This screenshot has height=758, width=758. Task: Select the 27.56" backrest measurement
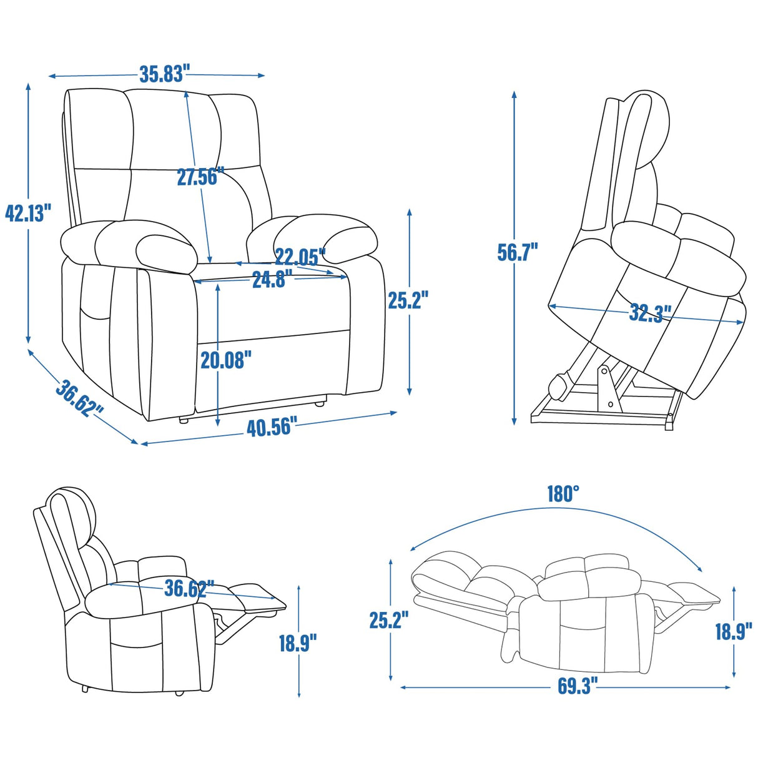[x=197, y=177]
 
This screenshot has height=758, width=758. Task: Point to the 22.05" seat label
[x=300, y=256]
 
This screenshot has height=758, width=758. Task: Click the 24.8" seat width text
[x=268, y=280]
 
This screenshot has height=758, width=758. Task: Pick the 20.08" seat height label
[x=226, y=360]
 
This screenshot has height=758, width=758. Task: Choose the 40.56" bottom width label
[x=268, y=428]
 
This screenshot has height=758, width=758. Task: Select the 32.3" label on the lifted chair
[x=650, y=312]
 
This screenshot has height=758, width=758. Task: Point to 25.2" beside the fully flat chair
[x=388, y=620]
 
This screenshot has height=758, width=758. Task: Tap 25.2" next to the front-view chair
[x=408, y=300]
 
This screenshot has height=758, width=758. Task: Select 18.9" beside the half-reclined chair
[x=298, y=642]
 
